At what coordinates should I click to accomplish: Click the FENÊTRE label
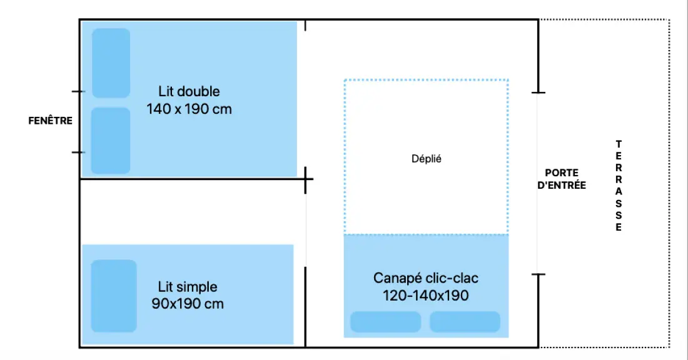(51, 120)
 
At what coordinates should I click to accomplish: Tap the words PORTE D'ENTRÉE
(562, 179)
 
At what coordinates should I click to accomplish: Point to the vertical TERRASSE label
(618, 186)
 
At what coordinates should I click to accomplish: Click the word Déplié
(426, 159)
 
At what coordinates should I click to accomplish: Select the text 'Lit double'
(189, 91)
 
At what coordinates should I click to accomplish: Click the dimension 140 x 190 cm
(189, 109)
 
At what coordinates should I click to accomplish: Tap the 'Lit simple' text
(188, 287)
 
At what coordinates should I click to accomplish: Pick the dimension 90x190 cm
(188, 303)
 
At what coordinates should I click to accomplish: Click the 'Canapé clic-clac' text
(425, 278)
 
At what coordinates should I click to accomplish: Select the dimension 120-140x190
(425, 296)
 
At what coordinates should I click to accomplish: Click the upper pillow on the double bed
(111, 63)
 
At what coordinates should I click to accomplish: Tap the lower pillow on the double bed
(111, 141)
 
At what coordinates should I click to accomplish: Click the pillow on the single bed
(114, 296)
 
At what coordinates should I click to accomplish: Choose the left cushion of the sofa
(386, 322)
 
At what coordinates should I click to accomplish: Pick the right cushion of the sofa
(465, 322)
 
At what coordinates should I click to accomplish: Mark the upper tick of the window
(79, 92)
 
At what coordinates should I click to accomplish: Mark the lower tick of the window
(79, 152)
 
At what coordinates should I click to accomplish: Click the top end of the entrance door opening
(539, 92)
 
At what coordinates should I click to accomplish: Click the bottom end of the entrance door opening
(539, 274)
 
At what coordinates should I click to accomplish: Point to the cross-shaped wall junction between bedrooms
(305, 179)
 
